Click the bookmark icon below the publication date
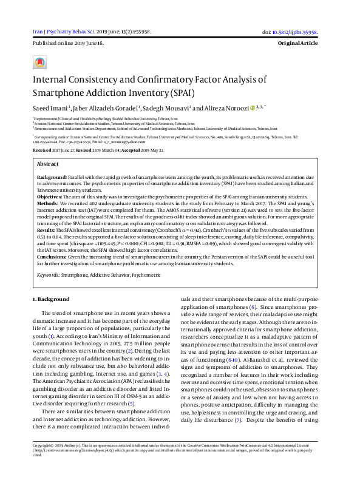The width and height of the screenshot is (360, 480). [x=39, y=63]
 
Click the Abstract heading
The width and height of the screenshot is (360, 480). [x=48, y=164]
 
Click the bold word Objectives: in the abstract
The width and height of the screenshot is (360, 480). [x=50, y=198]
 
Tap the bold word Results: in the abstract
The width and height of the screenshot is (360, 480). [x=47, y=231]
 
